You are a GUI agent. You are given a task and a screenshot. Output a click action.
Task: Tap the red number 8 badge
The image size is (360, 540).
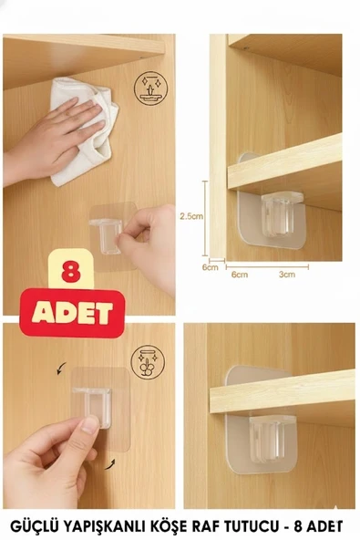point(71,271)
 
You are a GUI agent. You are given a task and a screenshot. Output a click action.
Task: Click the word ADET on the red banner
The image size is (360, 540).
point(72,313)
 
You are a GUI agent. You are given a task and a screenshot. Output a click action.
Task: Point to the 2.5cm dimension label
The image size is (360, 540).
point(191,216)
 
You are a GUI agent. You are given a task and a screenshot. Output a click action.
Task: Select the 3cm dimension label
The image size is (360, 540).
point(287,275)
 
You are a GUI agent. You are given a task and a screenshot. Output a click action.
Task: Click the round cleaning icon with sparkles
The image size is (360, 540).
point(151,88)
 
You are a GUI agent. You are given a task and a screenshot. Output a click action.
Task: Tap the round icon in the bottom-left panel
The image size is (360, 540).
point(148,362)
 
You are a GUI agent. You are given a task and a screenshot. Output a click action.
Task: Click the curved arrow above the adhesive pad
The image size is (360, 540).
point(62,369)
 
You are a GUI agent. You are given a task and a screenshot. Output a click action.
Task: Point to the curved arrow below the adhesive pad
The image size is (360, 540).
point(109,464)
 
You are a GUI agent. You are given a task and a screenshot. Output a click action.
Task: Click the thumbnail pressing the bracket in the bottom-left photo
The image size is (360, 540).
point(90,425)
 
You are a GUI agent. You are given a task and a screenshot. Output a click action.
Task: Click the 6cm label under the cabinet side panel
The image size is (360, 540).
point(210,267)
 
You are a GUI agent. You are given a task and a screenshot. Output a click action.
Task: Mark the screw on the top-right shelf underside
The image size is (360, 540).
point(246,47)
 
